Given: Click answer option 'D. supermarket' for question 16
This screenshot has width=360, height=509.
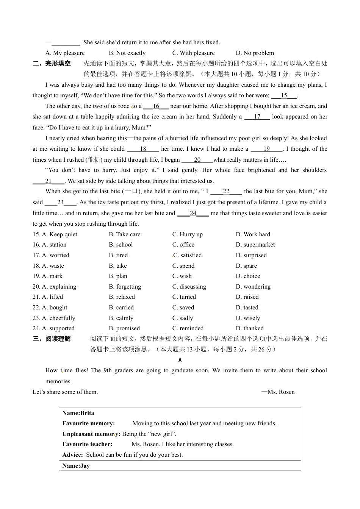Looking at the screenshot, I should [255, 245].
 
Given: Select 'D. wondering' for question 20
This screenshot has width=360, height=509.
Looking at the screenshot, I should [253, 287].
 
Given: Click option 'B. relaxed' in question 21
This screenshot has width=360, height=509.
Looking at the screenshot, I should [122, 297].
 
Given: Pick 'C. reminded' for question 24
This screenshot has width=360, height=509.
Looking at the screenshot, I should [188, 328].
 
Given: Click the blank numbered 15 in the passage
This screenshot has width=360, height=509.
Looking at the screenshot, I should [284, 96].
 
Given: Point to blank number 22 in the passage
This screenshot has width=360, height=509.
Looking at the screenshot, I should [226, 192].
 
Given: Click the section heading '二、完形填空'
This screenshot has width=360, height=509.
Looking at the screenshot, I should [52, 64].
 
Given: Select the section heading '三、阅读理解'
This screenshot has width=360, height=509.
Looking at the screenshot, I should [52, 339].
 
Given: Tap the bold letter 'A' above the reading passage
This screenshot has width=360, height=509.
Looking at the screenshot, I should [180, 360].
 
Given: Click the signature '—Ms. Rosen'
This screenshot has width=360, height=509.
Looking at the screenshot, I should [278, 392].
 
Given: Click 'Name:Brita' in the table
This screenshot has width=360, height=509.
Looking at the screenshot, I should [78, 413].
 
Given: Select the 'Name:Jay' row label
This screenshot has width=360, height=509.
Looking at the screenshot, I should [76, 466].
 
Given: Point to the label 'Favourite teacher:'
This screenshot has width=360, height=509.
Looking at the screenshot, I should [87, 444].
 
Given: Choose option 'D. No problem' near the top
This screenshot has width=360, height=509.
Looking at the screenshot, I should [255, 53].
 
